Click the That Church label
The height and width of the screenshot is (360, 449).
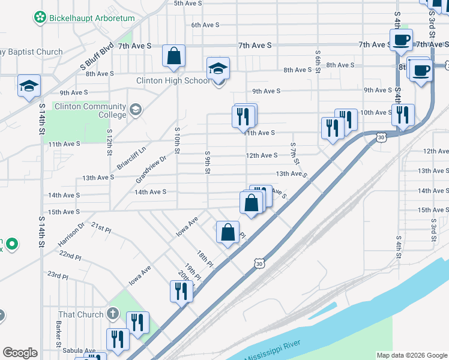82,314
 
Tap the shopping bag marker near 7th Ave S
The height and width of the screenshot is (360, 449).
173,57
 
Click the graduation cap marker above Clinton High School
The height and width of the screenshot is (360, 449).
218,69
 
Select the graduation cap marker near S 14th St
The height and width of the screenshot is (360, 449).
29,86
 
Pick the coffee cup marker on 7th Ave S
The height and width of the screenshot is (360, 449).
402,40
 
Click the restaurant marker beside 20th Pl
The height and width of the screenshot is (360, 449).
181,291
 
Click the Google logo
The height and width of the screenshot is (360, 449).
20,353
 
